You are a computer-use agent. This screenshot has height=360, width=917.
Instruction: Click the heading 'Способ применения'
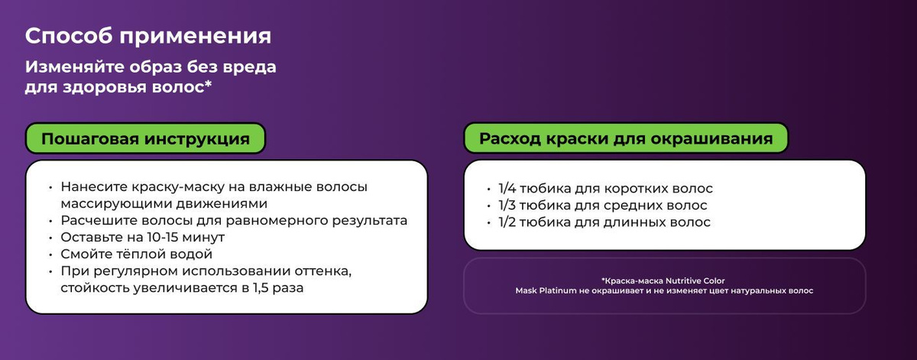pyautogui.click(x=147, y=37)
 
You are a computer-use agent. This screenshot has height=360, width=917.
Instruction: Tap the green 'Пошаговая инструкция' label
pyautogui.click(x=145, y=138)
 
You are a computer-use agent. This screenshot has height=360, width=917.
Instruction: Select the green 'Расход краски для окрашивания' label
pyautogui.click(x=626, y=138)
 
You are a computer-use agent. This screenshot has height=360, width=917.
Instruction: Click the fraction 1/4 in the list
pyautogui.click(x=507, y=188)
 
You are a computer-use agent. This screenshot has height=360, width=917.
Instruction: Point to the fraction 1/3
pyautogui.click(x=507, y=205)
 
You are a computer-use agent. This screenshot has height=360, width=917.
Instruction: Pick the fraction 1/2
pyautogui.click(x=507, y=222)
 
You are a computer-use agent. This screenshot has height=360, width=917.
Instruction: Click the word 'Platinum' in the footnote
pyautogui.click(x=558, y=290)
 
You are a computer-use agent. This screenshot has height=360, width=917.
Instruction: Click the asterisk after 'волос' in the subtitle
pyautogui.click(x=208, y=84)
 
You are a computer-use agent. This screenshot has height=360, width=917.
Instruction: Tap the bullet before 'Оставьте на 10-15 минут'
pyautogui.click(x=50, y=238)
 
